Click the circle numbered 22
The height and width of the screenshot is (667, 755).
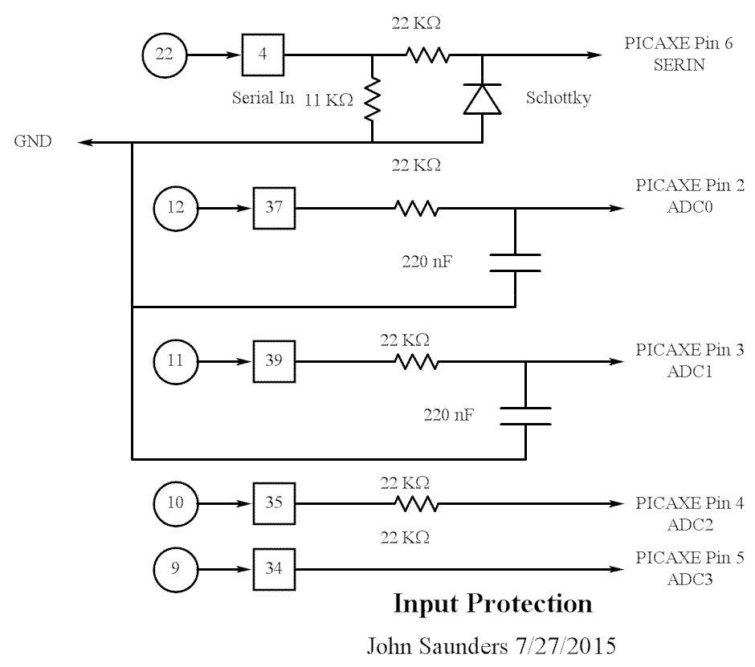(164, 55)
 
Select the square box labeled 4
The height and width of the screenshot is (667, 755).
(263, 55)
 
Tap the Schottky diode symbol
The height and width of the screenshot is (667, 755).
(481, 99)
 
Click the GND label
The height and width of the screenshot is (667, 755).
(33, 142)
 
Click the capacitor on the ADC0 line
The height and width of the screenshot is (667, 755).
(514, 262)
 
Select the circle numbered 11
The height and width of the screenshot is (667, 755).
(174, 361)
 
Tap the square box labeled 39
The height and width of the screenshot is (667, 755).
(274, 361)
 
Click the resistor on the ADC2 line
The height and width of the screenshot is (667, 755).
(414, 504)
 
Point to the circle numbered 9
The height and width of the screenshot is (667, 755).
(174, 569)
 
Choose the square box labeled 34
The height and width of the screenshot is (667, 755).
(274, 569)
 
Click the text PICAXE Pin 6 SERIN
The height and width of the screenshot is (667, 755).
(679, 55)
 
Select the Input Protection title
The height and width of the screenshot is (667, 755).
(492, 604)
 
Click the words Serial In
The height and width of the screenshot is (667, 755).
(263, 99)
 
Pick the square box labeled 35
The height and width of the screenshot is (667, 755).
(274, 504)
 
